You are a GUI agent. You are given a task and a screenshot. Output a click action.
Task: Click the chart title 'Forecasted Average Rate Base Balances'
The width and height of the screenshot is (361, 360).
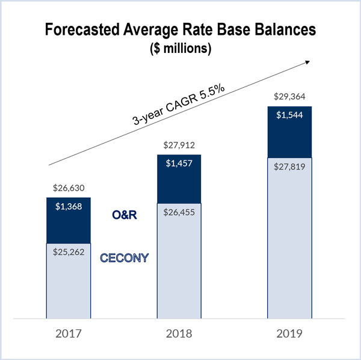pos(180,30)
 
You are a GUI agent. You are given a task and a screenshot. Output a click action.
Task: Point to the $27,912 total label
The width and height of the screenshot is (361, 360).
pos(179,145)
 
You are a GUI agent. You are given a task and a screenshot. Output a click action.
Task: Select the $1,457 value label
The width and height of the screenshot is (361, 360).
pos(179,163)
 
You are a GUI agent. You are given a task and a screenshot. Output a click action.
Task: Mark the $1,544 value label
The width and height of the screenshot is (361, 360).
pos(290,115)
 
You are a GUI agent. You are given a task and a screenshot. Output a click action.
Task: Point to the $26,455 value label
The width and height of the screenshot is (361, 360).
pos(179,212)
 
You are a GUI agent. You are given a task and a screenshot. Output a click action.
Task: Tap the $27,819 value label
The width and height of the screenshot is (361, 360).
pos(290,168)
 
